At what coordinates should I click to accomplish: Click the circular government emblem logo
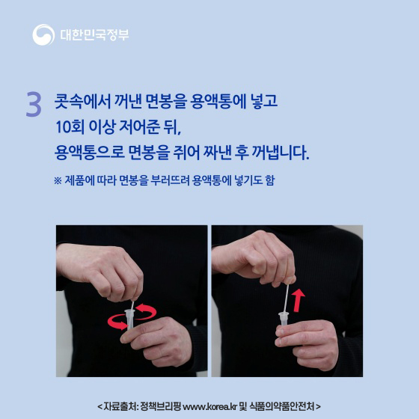pyautogui.click(x=43, y=34)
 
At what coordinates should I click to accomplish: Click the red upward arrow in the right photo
pyautogui.click(x=299, y=302)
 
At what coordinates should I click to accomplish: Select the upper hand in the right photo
pyautogui.click(x=266, y=258)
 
